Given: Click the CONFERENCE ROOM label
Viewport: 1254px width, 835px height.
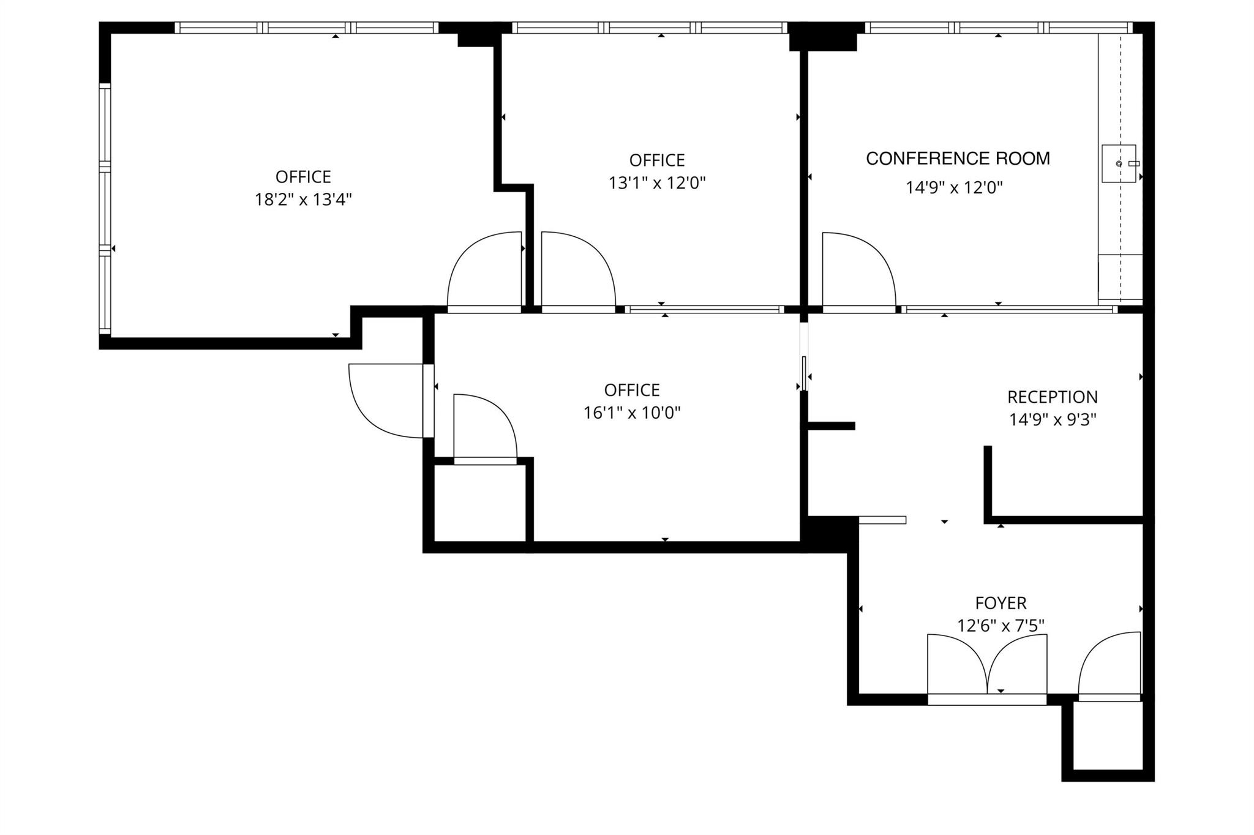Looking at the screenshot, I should [958, 159].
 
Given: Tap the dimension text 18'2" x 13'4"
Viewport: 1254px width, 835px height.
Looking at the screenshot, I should [303, 200].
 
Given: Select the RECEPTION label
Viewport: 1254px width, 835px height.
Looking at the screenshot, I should [1052, 397].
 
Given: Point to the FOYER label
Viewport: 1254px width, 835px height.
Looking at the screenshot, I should [1001, 603].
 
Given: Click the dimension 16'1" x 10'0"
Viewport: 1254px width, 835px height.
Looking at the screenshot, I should [632, 413].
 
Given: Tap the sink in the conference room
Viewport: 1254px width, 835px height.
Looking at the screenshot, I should [1119, 163].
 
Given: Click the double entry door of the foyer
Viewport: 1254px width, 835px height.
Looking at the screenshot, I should [987, 667].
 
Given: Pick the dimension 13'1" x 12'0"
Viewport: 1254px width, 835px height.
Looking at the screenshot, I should [657, 183].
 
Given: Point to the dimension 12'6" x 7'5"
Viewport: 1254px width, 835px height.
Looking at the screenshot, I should [1001, 626].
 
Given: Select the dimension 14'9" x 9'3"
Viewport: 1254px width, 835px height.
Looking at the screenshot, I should [1052, 419].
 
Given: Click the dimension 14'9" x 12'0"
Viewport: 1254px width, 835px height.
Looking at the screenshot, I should [954, 187].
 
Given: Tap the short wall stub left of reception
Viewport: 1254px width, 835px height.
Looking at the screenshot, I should [832, 425].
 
